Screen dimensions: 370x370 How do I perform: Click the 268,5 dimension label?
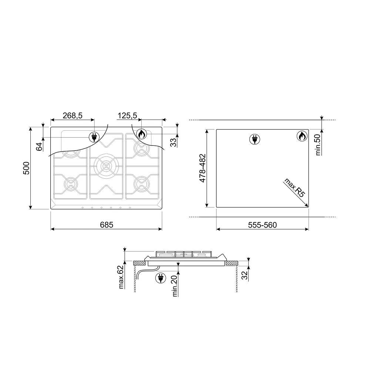click(x=73, y=115)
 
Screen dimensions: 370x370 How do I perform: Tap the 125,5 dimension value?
click(x=127, y=115)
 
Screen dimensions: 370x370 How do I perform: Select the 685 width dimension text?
click(x=107, y=225)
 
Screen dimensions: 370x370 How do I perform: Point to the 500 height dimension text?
click(x=26, y=168)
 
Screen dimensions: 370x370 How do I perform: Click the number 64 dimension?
click(x=39, y=147)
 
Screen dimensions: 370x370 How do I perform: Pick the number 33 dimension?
click(x=173, y=142)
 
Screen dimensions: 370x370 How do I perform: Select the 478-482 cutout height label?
click(x=202, y=168)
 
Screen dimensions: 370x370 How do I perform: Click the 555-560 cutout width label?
click(x=262, y=225)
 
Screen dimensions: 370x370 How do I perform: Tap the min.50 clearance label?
click(x=318, y=145)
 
